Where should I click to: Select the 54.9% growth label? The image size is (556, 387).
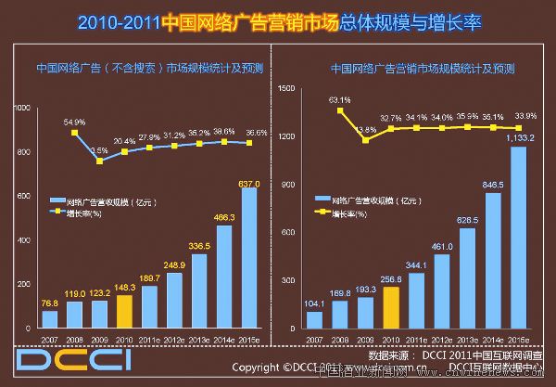click(x=74, y=123)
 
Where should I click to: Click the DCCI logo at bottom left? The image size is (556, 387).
click(x=56, y=358)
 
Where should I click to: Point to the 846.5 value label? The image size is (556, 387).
click(x=492, y=185)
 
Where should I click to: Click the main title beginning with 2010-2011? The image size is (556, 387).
click(x=278, y=19)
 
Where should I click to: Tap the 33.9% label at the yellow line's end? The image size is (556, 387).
click(x=524, y=117)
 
